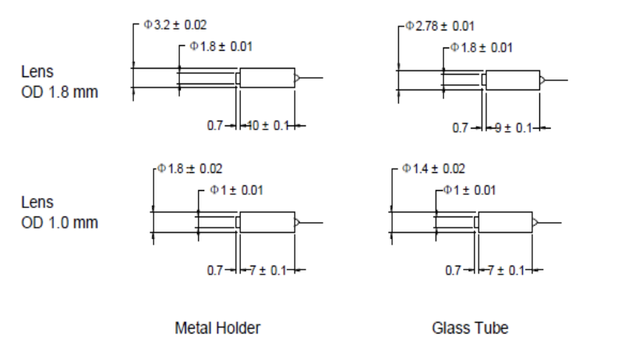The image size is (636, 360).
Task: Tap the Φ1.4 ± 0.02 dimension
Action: [433, 168]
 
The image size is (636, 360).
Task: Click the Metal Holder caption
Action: [217, 328]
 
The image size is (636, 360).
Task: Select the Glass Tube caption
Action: [470, 328]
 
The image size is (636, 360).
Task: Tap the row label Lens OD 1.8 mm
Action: [59, 82]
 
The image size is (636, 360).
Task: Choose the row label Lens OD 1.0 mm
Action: [59, 213]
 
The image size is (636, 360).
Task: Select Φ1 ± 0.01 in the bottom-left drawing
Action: [236, 189]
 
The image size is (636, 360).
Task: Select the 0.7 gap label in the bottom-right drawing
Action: [454, 270]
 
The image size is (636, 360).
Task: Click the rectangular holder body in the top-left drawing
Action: [267, 79]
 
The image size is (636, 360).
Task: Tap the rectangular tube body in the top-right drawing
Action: [512, 79]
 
